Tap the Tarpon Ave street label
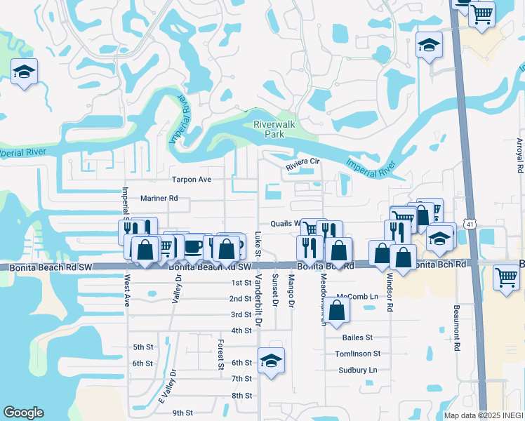(192, 180)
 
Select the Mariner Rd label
(159, 199)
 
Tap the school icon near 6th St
(271, 361)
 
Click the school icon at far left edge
(25, 72)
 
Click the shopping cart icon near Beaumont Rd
(506, 277)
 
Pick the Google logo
(23, 413)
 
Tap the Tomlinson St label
(357, 354)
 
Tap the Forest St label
(220, 354)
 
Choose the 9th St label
(182, 413)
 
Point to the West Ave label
(127, 290)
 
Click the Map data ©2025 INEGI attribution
(484, 415)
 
